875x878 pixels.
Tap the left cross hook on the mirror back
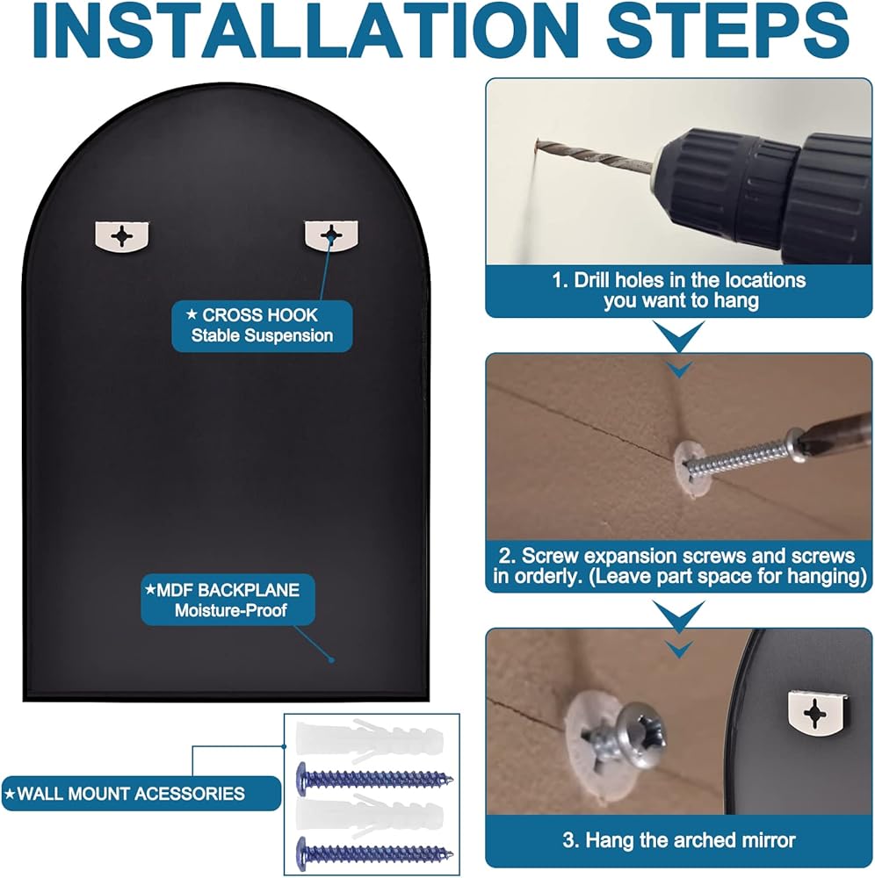tap(121, 236)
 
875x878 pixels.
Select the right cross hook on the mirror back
tap(331, 234)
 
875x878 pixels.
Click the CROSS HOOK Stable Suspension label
tap(262, 326)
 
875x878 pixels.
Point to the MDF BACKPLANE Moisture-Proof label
tap(228, 600)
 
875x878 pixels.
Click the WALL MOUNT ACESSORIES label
tap(141, 794)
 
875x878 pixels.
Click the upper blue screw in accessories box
tap(373, 778)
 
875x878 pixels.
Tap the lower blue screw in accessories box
tap(373, 853)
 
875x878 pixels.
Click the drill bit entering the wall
tap(594, 155)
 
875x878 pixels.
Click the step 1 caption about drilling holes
tap(679, 290)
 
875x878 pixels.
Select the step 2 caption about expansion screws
tap(679, 566)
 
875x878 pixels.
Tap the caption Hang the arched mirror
tap(679, 840)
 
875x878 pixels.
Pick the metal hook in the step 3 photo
tap(815, 713)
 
